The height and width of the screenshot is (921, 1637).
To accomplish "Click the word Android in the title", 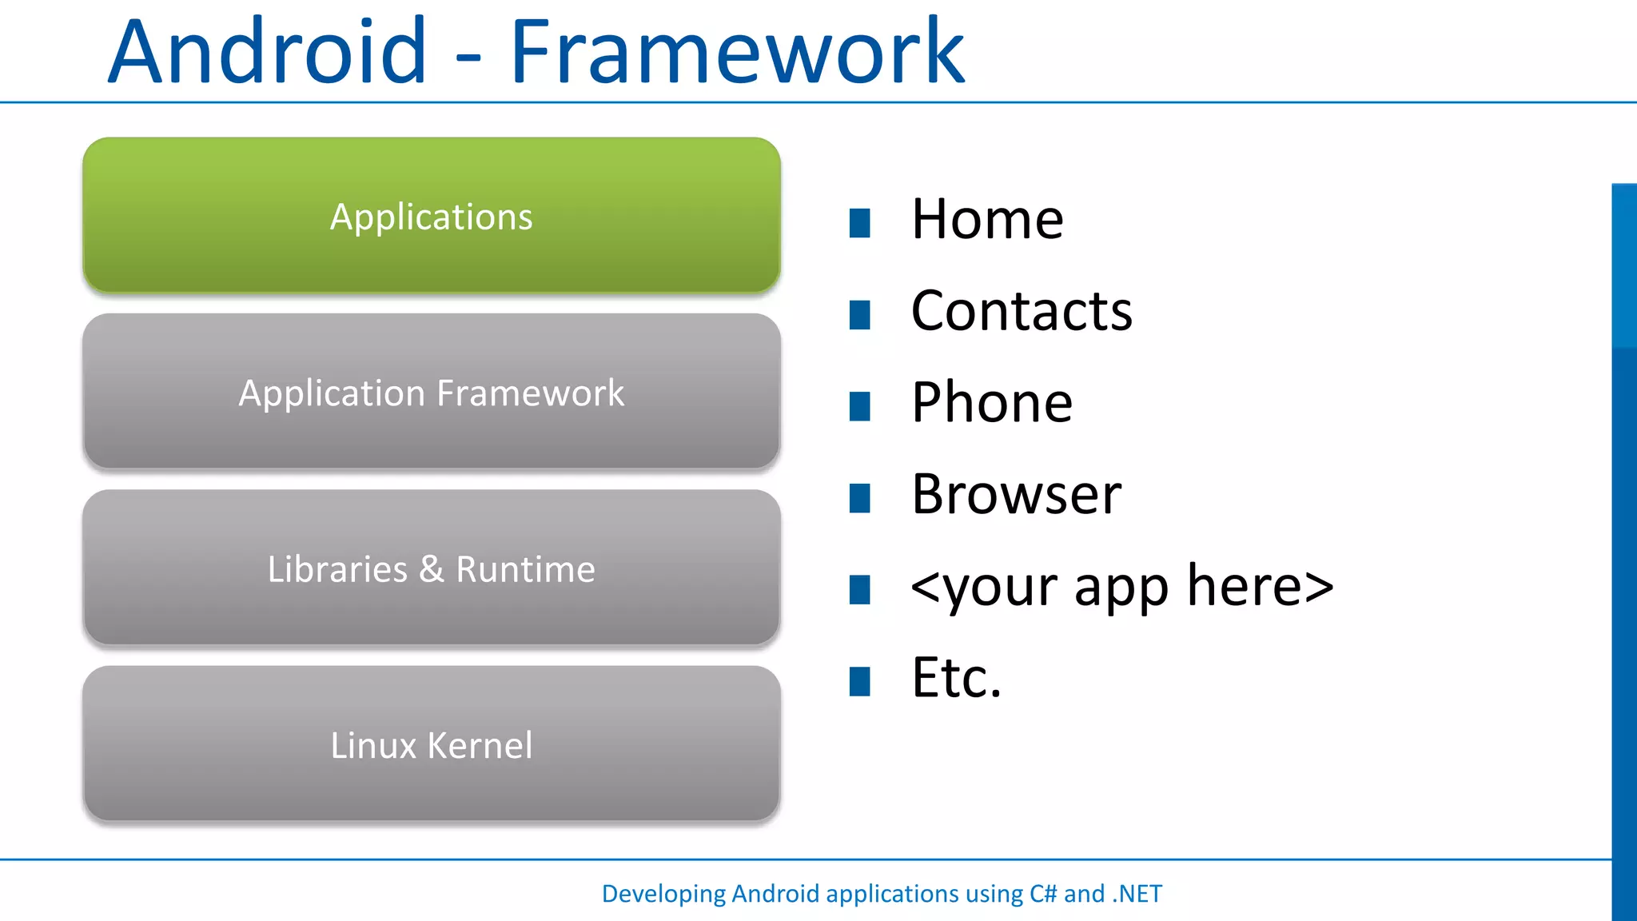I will point(268,52).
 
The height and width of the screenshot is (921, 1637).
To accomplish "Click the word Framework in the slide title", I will point(737,52).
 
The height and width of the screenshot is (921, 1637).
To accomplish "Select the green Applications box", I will point(432,216).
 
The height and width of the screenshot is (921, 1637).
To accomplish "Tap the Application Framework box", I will point(432,392).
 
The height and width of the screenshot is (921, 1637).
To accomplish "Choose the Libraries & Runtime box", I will point(432,568).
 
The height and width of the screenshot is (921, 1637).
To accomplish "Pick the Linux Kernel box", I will point(432,744).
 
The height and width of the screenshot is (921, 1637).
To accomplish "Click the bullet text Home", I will point(987,219).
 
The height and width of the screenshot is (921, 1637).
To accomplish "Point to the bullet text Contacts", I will point(1022,311).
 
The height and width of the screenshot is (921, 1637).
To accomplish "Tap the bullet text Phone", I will point(992,402).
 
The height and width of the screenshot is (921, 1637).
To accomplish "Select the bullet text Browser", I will point(1016,494).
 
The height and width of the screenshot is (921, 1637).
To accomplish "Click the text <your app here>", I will point(1122,586).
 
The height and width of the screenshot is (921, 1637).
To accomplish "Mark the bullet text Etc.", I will point(956,678).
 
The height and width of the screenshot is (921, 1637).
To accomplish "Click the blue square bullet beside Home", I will point(860,223).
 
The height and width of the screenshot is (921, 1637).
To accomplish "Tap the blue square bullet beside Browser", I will point(860,498).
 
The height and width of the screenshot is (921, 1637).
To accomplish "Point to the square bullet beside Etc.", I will point(860,682).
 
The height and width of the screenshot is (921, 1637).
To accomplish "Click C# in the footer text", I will point(1043,893).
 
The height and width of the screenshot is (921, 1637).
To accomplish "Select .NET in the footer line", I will point(1137,893).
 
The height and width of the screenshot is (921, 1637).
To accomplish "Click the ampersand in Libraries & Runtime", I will point(432,568).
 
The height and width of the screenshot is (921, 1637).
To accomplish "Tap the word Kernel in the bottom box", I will point(480,744).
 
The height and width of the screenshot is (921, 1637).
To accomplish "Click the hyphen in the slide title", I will point(468,56).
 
